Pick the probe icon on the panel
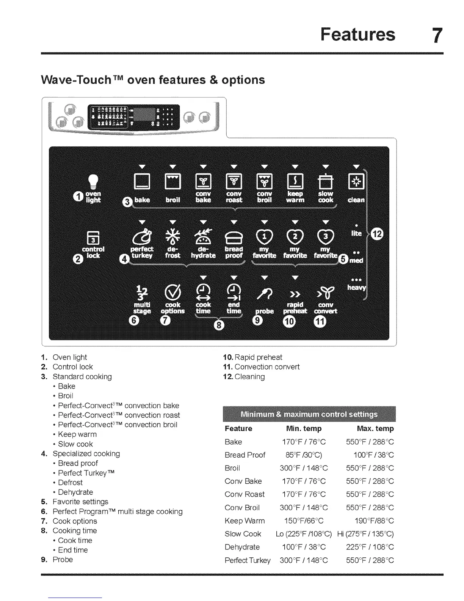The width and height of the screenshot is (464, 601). click(x=265, y=293)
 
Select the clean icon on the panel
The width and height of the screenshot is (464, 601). click(x=356, y=182)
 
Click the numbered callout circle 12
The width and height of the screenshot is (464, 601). click(x=378, y=233)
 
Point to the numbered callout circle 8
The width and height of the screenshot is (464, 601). click(x=219, y=325)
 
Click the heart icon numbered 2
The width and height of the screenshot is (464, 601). click(x=295, y=237)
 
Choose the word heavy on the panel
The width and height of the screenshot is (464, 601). click(x=356, y=288)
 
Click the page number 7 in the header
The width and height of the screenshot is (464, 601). click(x=437, y=35)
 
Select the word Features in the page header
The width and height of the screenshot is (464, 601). click(x=357, y=34)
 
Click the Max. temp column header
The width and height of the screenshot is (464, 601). click(x=375, y=429)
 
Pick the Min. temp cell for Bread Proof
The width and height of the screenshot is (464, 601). click(x=304, y=455)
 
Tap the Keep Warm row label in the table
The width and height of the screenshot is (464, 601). click(x=245, y=521)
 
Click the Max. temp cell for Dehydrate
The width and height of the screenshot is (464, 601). click(x=370, y=547)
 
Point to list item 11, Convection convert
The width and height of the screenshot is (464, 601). click(x=262, y=367)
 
